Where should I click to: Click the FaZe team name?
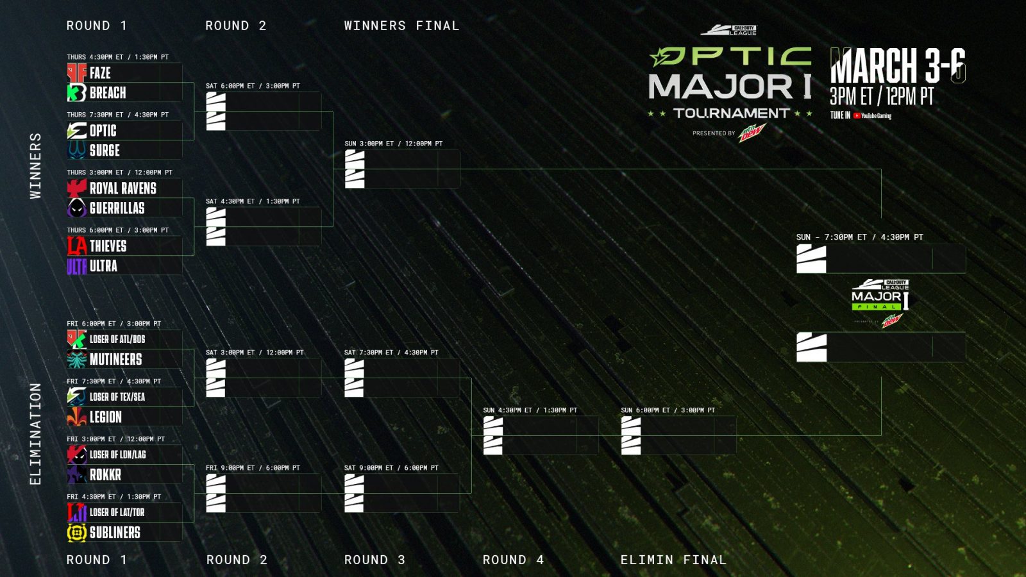pyautogui.click(x=100, y=73)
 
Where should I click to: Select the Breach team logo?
pyautogui.click(x=76, y=93)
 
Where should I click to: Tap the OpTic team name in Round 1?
pyautogui.click(x=103, y=131)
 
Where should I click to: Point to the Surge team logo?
pyautogui.click(x=76, y=151)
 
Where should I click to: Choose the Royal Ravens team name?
pyautogui.click(x=122, y=188)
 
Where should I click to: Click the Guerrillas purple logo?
pyautogui.click(x=76, y=208)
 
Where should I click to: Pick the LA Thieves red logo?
pyautogui.click(x=76, y=246)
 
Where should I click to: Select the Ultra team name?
pyautogui.click(x=103, y=266)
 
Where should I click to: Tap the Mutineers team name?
pyautogui.click(x=115, y=360)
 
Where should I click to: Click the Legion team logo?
pyautogui.click(x=76, y=417)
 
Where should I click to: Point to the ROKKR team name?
pyautogui.click(x=105, y=475)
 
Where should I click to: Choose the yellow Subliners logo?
pyautogui.click(x=76, y=533)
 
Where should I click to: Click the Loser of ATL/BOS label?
pyautogui.click(x=117, y=339)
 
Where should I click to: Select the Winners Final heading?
pyautogui.click(x=401, y=26)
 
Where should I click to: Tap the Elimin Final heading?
pyautogui.click(x=673, y=560)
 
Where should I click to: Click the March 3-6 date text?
pyautogui.click(x=898, y=65)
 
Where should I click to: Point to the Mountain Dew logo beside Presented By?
pyautogui.click(x=752, y=133)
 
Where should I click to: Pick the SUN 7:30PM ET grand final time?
pyautogui.click(x=859, y=237)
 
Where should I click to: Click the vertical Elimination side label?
pyautogui.click(x=35, y=433)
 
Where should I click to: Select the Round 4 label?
pyautogui.click(x=513, y=560)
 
